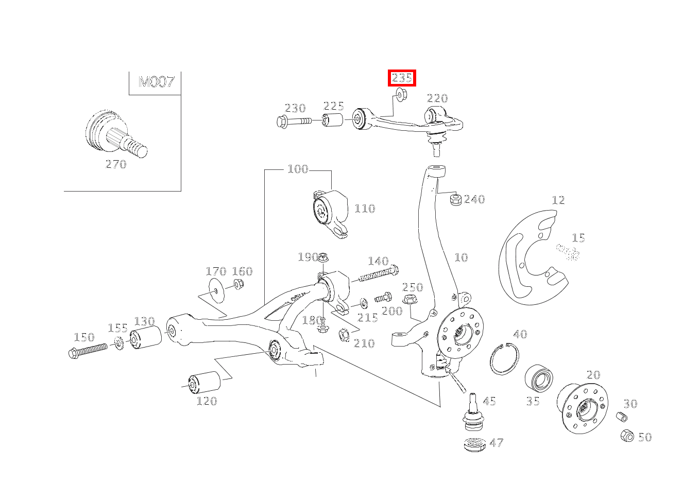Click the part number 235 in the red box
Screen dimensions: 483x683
(402, 78)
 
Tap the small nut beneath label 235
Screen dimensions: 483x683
(401, 94)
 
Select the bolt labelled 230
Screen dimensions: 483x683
(294, 122)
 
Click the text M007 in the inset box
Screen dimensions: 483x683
(156, 82)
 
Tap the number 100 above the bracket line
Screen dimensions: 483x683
(298, 169)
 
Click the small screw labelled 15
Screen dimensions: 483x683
(568, 252)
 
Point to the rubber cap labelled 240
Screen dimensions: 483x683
(455, 199)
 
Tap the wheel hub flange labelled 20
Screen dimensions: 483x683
(582, 408)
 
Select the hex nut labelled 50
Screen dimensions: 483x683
(626, 436)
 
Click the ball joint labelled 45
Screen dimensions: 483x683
(473, 412)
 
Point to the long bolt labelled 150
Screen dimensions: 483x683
(88, 351)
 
